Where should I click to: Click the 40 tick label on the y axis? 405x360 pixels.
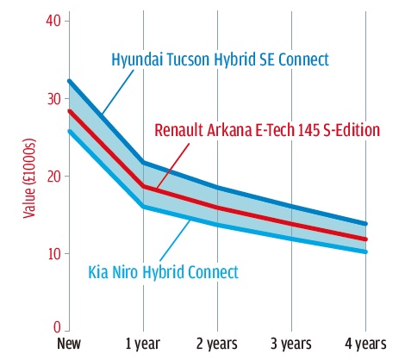pos(53,21)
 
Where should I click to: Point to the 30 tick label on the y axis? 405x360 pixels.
pos(54,99)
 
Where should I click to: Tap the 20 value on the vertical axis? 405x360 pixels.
pos(54,176)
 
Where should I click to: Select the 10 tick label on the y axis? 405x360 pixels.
pos(54,254)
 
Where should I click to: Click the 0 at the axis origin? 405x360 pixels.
pos(57,327)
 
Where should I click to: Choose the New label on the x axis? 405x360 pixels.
pos(69,344)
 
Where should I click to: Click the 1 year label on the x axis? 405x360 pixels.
pos(143,344)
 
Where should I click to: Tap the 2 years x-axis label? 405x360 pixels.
pos(217,344)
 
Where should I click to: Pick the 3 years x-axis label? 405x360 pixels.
pos(291,344)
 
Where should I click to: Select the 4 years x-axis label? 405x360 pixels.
pos(365,344)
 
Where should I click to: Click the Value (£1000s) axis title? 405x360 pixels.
pos(29,178)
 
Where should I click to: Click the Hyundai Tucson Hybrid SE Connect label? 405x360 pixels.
pos(220,59)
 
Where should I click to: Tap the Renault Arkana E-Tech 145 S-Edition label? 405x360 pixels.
pos(267,130)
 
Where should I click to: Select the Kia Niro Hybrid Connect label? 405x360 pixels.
pos(164,272)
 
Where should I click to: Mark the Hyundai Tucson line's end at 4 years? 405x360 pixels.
pos(365,224)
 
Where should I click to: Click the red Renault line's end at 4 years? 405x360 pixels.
pos(365,239)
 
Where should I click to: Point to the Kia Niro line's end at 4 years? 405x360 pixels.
pos(365,251)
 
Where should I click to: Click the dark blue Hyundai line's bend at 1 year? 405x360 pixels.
pos(143,163)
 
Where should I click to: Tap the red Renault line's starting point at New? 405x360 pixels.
pos(69,111)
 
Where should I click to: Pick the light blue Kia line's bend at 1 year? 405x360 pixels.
pos(143,207)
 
